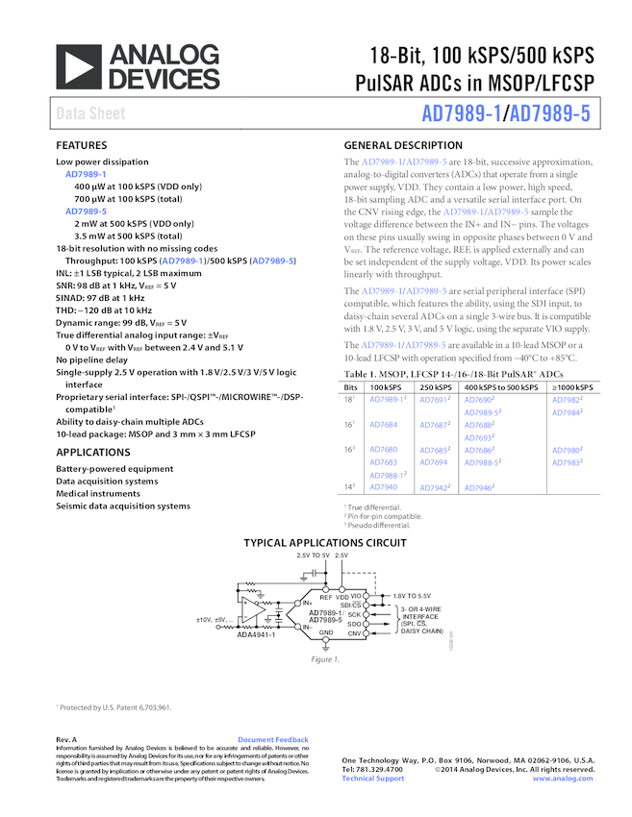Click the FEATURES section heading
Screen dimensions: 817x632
coord(81,145)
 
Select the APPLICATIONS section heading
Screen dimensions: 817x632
coord(93,452)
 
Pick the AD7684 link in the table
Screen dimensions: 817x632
coord(383,424)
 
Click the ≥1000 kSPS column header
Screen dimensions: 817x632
coord(571,386)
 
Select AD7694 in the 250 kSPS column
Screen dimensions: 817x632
coord(433,462)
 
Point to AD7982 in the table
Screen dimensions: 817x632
coord(568,399)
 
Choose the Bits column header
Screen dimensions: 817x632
coord(352,386)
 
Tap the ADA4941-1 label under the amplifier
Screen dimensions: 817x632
coord(256,634)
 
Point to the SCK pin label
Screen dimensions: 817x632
coord(354,613)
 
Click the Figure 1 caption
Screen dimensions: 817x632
coord(324,658)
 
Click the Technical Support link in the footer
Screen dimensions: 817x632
coord(373,778)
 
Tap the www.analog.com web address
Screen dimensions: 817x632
coord(563,778)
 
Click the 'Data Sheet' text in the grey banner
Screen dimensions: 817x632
coord(90,114)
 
